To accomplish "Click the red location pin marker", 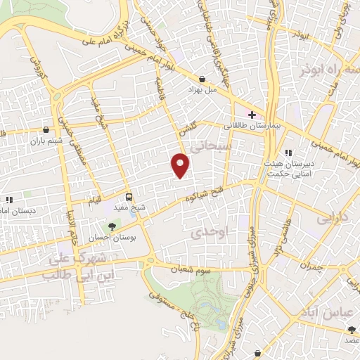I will tap(181, 166).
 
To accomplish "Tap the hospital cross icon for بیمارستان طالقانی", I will tap(252, 115).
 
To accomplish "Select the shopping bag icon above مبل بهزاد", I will tap(202, 79).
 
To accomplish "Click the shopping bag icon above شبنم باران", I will tap(46, 129).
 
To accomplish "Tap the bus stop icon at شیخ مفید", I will tap(128, 198).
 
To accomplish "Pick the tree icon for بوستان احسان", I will tap(111, 226).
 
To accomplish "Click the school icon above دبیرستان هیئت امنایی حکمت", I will tap(288, 153).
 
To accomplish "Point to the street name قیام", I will tap(94, 198).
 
